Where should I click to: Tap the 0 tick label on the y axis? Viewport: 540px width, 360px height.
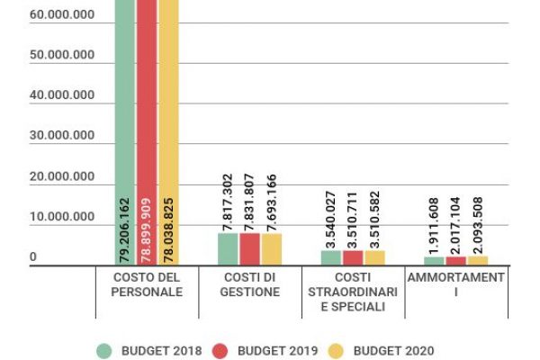pos(32,257)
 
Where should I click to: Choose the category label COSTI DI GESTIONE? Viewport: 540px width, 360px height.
pos(250,284)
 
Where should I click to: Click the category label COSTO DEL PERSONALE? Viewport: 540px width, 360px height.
pos(147,284)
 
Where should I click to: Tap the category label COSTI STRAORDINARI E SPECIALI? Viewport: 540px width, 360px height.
pos(353,292)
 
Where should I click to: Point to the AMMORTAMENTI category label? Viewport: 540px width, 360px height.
pos(455,284)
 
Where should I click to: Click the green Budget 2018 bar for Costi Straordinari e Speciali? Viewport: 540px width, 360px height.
pos(331,257)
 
